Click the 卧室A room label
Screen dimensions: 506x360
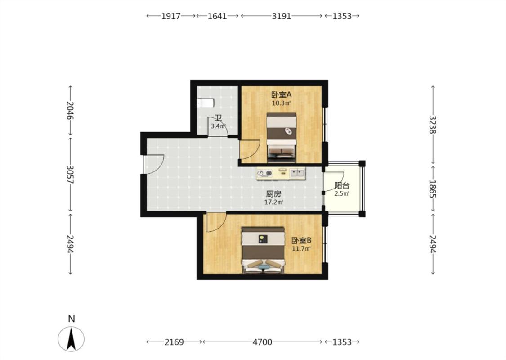(x=282, y=94)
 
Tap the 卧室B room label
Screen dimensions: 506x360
(x=301, y=241)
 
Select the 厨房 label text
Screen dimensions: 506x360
(x=273, y=194)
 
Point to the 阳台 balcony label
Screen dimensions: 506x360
(x=342, y=186)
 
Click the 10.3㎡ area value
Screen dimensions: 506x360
(x=282, y=103)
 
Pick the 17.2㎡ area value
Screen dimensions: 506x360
(x=273, y=202)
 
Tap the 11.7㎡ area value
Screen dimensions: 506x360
(x=301, y=249)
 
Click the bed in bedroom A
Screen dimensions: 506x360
(x=282, y=137)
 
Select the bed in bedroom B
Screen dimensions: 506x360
(x=263, y=250)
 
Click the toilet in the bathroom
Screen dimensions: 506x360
(x=205, y=103)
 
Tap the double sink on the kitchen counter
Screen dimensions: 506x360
(x=297, y=173)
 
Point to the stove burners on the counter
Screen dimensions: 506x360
(x=264, y=173)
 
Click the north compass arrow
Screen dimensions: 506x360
(x=71, y=339)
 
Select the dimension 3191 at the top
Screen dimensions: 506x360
(x=282, y=16)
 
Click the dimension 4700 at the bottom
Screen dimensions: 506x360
(x=262, y=342)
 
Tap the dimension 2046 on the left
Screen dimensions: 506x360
(x=70, y=110)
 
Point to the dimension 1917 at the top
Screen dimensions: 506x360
(x=171, y=16)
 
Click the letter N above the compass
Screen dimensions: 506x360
(x=72, y=319)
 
